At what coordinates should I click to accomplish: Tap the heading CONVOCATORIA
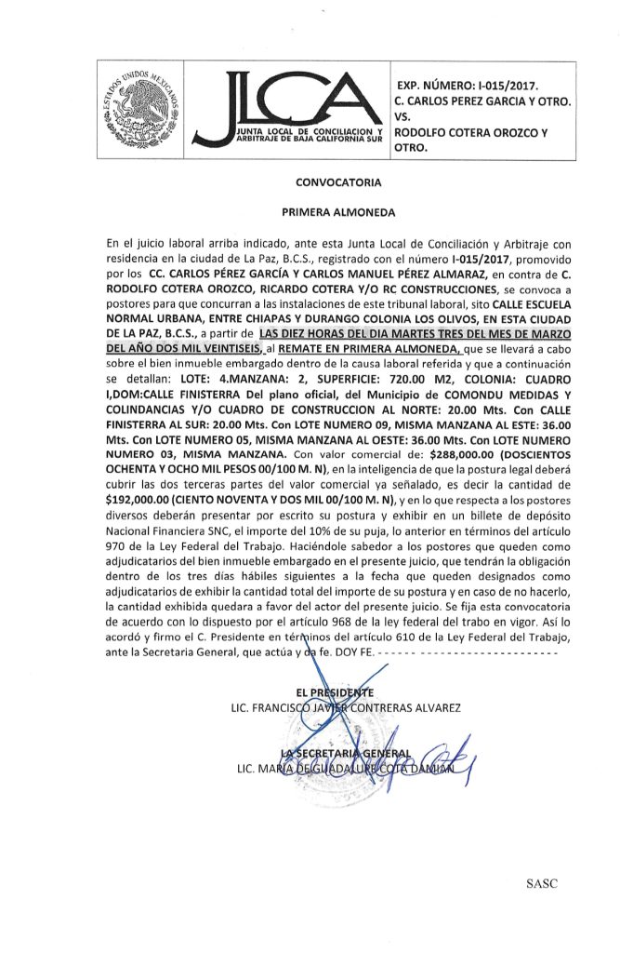pyautogui.click(x=338, y=182)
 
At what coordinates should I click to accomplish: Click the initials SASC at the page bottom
pyautogui.click(x=541, y=883)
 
